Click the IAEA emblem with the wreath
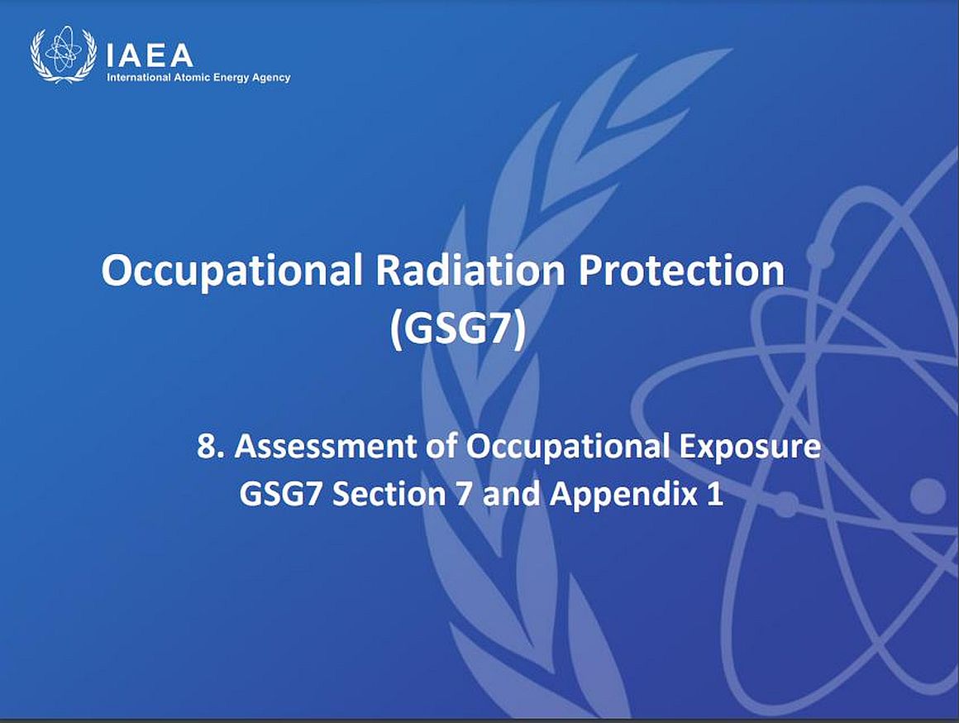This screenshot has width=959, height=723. coord(63,55)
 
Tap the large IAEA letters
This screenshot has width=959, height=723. coord(150,55)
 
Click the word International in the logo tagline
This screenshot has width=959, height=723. coord(139,77)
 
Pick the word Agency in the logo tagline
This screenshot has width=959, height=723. coord(270,78)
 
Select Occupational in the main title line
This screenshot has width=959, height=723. coord(231,271)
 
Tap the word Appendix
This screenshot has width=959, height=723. coord(623,495)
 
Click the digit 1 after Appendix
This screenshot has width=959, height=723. coord(715,494)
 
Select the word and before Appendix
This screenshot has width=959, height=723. coord(512,493)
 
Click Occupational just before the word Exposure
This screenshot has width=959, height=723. coord(567,447)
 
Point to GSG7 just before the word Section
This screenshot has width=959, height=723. coord(280,493)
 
